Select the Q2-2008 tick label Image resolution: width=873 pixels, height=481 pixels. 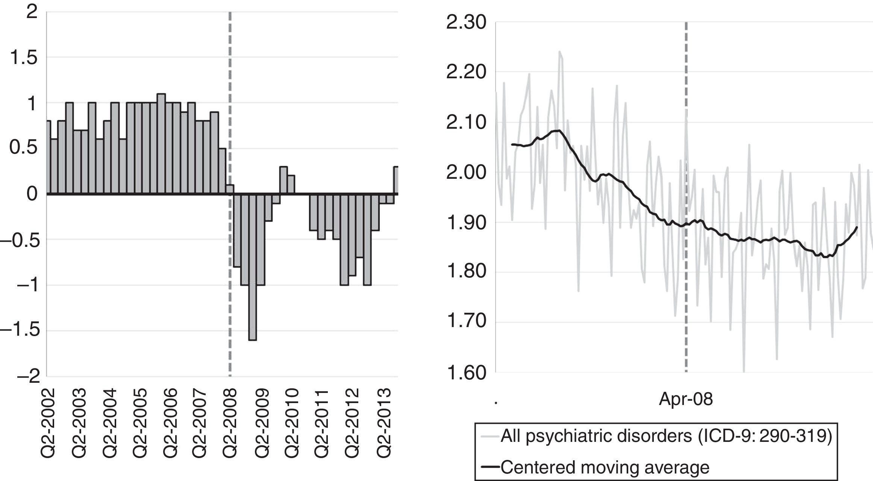[230, 423]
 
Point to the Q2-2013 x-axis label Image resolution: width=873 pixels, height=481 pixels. [384, 423]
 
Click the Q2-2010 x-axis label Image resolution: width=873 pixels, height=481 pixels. [292, 423]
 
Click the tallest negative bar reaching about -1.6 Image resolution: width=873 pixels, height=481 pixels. [253, 267]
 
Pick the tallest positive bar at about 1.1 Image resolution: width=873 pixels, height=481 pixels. [161, 144]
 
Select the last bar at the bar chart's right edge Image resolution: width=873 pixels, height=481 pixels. [396, 180]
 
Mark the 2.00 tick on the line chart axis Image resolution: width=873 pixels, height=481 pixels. [466, 173]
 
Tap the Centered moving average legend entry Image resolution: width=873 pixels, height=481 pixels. [605, 467]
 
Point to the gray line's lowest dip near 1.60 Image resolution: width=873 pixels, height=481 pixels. [744, 371]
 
